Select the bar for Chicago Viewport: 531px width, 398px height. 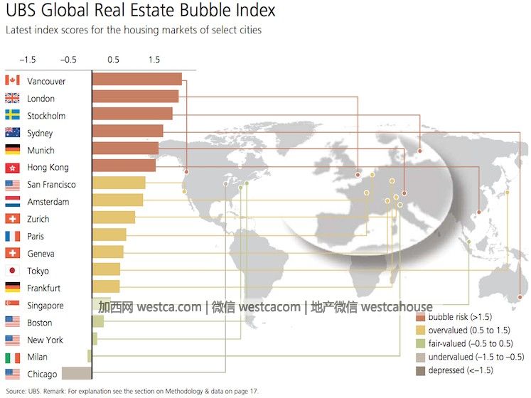[77, 374]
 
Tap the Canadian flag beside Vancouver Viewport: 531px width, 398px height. [12, 81]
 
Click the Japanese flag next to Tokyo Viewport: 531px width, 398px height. [12, 271]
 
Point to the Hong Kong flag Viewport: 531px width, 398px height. [12, 168]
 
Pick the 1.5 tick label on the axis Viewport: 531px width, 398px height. [154, 60]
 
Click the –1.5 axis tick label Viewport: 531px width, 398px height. [28, 60]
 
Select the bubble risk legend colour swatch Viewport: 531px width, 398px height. [420, 317]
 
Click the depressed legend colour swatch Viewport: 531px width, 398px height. [420, 370]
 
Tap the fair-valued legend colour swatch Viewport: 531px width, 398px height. [420, 344]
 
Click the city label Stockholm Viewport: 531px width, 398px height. [46, 116]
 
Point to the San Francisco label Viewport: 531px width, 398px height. [51, 185]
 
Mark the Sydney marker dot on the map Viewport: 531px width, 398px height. [520, 297]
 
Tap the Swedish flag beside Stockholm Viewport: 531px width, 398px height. [12, 116]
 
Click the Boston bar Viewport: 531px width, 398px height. [98, 321]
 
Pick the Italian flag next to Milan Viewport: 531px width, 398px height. [12, 357]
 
